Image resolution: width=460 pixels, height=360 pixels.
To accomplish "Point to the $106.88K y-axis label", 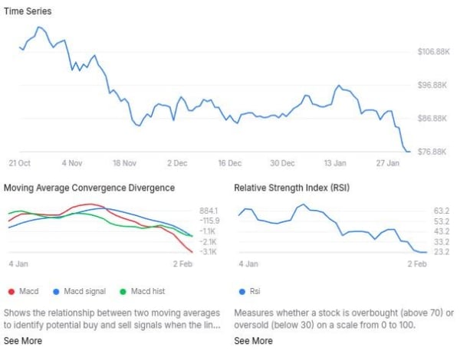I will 433,52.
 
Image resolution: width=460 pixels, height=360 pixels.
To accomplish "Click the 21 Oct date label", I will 19,163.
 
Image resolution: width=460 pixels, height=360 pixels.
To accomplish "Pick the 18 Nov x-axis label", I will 123,163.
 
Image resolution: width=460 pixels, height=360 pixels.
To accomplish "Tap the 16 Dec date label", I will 229,163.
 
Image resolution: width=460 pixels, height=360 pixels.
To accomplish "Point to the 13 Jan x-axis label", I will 335,163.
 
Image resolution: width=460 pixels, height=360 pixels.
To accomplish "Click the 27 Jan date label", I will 388,163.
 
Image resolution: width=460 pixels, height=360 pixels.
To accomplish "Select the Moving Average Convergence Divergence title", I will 89,188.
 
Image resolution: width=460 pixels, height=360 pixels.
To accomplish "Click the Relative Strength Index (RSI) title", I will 291,188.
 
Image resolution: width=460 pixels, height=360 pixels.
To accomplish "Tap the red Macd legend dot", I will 11,292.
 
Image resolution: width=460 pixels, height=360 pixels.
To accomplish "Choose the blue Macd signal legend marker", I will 56,292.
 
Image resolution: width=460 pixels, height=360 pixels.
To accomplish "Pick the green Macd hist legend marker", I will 123,292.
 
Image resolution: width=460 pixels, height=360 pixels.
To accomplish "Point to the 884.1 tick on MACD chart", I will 209,211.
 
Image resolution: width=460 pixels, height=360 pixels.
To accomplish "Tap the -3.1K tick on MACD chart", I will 209,252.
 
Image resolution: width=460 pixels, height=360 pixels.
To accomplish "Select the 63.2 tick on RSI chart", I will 441,211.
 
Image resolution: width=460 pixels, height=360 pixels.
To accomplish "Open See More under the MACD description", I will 23,341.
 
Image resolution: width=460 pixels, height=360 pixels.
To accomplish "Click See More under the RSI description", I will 253,341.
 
